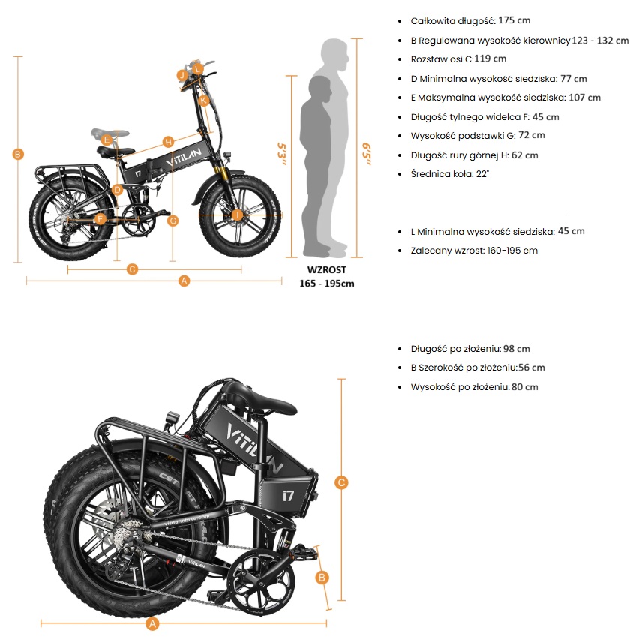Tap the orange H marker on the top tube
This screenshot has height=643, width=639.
tap(168, 142)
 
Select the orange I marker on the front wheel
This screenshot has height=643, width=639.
tap(238, 215)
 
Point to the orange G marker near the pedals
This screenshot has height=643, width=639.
tap(173, 221)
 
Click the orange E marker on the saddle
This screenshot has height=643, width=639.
tap(106, 140)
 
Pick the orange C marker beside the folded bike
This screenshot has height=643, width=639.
tap(342, 483)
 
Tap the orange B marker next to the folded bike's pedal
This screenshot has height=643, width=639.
tap(322, 577)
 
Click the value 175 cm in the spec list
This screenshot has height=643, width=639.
tap(514, 20)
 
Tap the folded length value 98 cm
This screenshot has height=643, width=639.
tap(517, 349)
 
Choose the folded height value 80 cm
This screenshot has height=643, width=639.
tap(524, 387)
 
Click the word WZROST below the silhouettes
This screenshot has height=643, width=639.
tap(326, 269)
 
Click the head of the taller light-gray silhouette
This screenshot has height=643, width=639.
tap(335, 54)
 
